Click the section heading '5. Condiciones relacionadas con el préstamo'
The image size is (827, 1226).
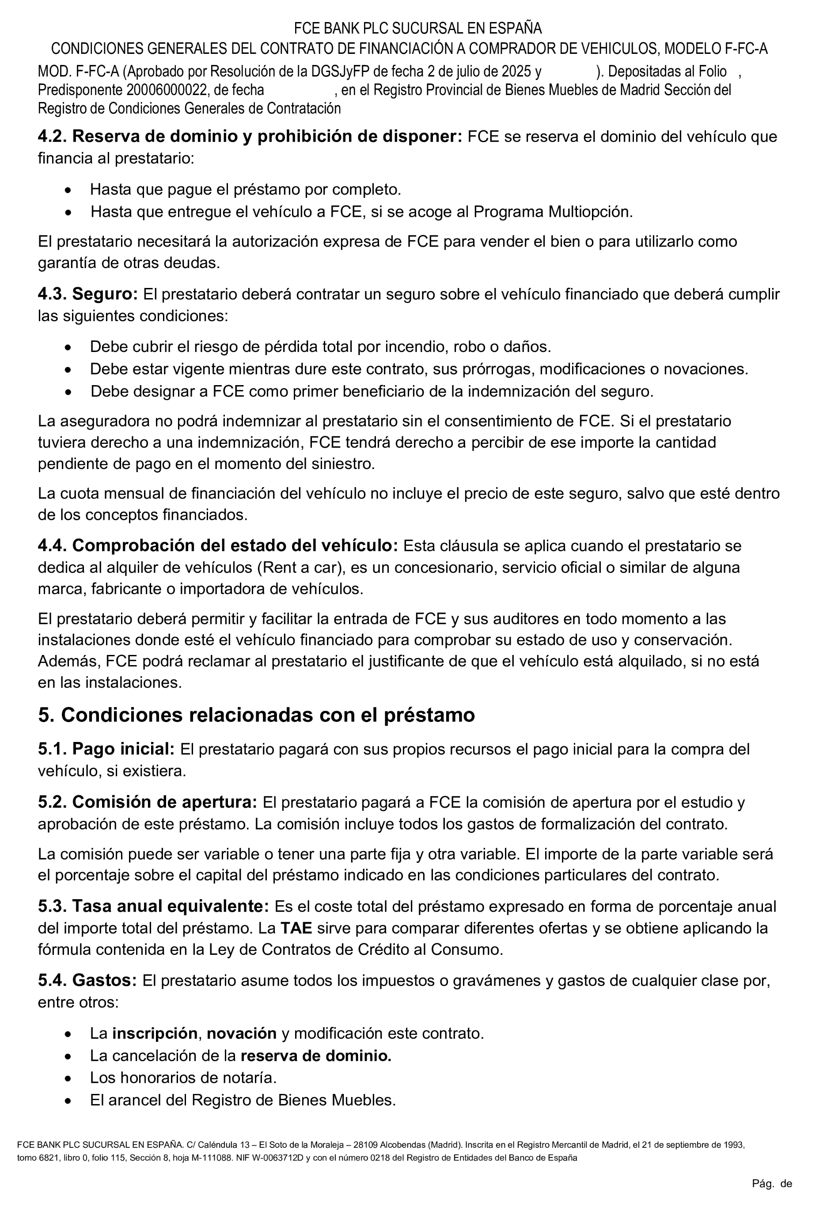(x=256, y=715)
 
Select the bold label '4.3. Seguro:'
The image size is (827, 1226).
(x=87, y=294)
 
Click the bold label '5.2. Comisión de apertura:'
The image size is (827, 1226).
(x=147, y=802)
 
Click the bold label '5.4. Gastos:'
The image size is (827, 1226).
(x=87, y=981)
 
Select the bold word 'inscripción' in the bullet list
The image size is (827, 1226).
(x=155, y=1033)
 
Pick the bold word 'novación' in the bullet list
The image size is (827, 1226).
(x=242, y=1033)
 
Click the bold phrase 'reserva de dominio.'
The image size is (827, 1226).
(x=316, y=1056)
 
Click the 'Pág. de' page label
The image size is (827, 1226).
(x=772, y=1184)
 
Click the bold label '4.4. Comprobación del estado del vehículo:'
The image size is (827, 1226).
(x=218, y=546)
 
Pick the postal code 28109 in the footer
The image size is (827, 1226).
(x=365, y=1145)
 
